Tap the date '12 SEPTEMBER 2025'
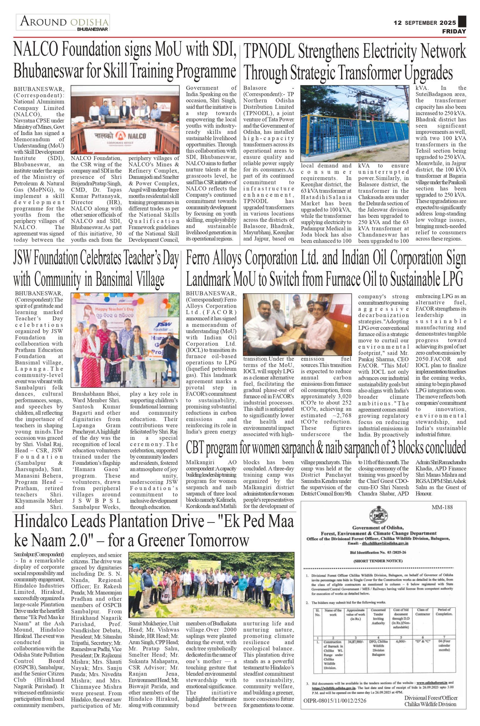[x=425, y=23]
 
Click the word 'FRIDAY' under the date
[x=454, y=31]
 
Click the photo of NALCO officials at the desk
[x=125, y=119]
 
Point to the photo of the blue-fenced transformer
[x=355, y=123]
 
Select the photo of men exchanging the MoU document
[x=297, y=324]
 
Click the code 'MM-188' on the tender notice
[x=442, y=507]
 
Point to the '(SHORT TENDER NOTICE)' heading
[x=378, y=561]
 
